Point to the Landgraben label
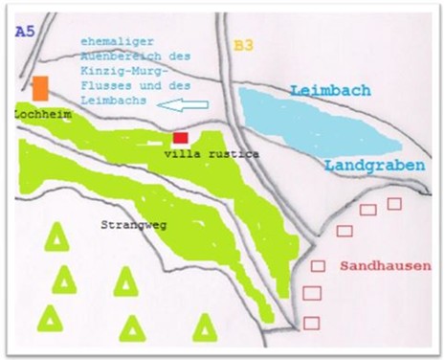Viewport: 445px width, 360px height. click(x=373, y=166)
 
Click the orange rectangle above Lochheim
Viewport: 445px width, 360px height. click(x=40, y=88)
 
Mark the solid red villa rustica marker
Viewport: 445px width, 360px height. click(x=180, y=138)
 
